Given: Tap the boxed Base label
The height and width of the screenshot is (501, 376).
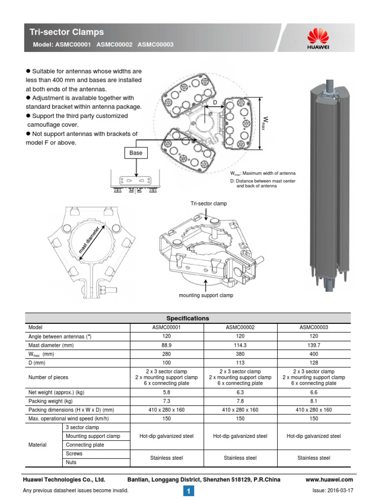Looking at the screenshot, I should [x=136, y=153].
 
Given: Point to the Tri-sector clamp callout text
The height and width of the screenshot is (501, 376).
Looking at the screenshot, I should [x=209, y=203].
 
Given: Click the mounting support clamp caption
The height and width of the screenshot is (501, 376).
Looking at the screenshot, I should [x=206, y=296].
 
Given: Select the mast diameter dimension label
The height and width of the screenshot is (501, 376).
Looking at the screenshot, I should [x=92, y=241].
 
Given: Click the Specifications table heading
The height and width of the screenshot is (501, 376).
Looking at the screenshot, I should [x=188, y=318].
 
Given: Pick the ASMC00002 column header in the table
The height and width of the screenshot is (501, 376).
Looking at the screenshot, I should [x=240, y=327].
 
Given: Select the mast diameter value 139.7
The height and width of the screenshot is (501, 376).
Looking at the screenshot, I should [x=314, y=345].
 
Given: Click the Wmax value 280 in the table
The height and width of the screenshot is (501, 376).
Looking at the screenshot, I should [x=167, y=354].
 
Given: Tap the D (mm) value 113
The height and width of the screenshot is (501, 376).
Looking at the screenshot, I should [x=240, y=363].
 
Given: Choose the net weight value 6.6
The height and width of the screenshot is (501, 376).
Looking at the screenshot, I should [x=314, y=392].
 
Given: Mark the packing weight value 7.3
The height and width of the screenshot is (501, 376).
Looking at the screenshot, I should [x=167, y=401].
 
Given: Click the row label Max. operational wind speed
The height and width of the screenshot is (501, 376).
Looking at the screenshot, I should [x=69, y=418].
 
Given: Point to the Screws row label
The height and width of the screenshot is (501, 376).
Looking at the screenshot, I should [x=74, y=454].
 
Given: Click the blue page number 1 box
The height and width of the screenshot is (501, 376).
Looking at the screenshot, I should [x=188, y=490].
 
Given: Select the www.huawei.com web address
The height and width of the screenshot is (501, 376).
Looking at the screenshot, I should [x=329, y=479].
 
